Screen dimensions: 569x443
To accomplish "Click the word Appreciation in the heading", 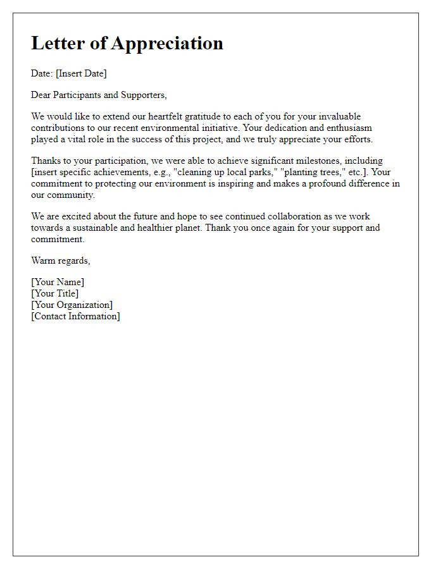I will [167, 43].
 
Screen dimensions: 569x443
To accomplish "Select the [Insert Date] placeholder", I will [81, 73].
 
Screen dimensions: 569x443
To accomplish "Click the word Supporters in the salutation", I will [143, 95].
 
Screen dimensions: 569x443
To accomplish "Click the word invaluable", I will [339, 117].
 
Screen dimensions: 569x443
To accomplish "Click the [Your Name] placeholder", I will [58, 282].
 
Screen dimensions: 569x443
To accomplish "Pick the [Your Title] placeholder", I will [55, 293].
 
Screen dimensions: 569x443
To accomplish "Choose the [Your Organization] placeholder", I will [72, 305].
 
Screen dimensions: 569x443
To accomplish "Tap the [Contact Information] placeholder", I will [75, 316].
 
